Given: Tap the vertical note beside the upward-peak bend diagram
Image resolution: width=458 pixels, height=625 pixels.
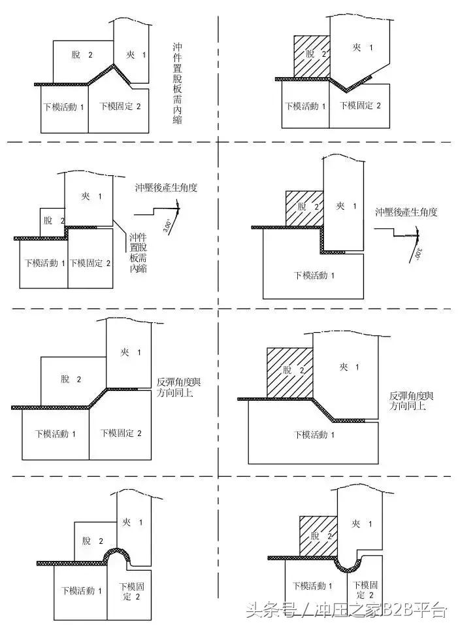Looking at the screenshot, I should [178, 76].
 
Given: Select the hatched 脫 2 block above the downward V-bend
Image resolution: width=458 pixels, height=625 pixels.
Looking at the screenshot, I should [312, 56].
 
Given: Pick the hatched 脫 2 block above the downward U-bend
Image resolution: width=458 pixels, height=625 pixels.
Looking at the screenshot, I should [318, 536].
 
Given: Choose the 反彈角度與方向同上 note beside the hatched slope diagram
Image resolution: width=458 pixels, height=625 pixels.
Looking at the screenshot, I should [411, 400].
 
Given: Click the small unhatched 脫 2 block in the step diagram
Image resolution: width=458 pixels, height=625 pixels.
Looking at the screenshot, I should [52, 221].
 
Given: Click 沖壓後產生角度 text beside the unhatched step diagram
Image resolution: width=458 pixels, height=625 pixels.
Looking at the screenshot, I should [167, 187].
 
